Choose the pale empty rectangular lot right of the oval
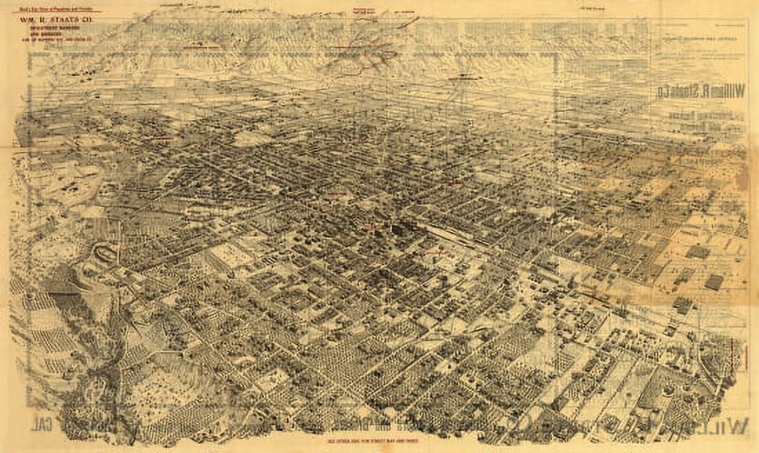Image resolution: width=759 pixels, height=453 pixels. pyautogui.click(x=231, y=259)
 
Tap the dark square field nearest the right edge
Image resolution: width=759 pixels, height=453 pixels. pyautogui.click(x=714, y=282)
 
